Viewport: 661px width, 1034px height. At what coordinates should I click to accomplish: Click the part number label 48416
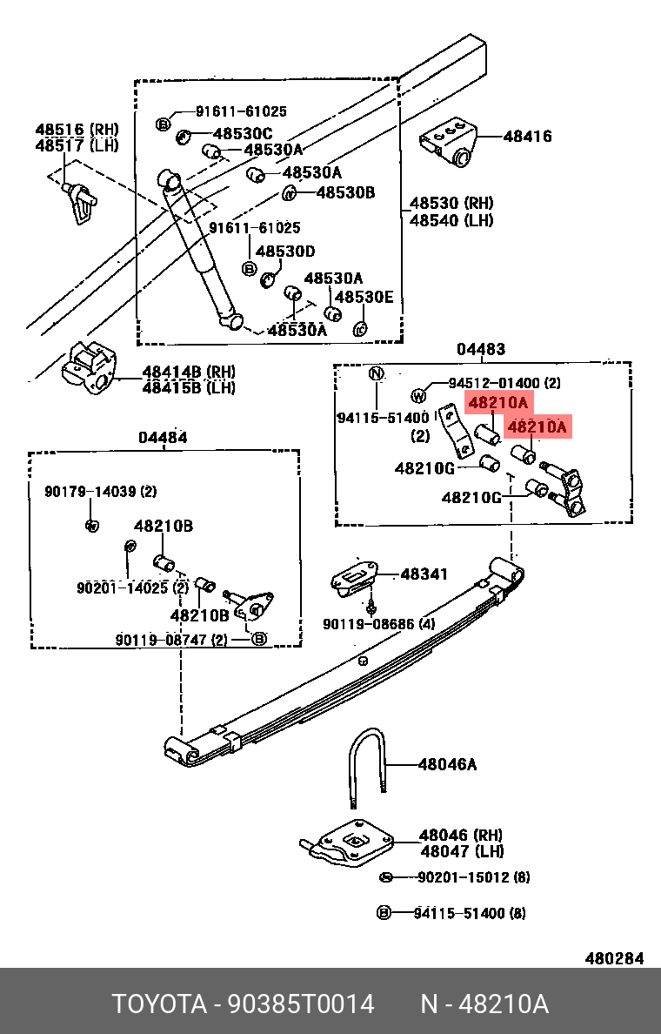coord(527,137)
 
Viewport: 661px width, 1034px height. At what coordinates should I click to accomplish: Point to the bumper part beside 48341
coord(354,578)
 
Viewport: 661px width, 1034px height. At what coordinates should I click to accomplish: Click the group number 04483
coord(481,349)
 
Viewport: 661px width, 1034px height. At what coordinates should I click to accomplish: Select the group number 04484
coord(162,438)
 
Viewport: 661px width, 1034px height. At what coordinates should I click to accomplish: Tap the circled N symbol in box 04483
coord(376,374)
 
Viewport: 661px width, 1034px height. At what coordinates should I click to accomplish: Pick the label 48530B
coord(344,192)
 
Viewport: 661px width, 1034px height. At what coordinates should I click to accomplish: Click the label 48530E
coord(364,298)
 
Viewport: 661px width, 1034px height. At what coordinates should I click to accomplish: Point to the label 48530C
coord(243,133)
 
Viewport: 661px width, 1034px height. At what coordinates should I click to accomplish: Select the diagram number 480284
coord(614,958)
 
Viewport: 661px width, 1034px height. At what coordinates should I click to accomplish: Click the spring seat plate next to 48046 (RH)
coord(352,843)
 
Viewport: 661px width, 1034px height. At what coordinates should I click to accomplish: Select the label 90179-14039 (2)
coord(100,492)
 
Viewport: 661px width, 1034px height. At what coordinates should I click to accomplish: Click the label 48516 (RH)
coord(77,129)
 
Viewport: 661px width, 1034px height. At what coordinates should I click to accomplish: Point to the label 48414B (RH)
coord(189,372)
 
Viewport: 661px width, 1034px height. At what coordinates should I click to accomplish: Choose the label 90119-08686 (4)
coord(378,624)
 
